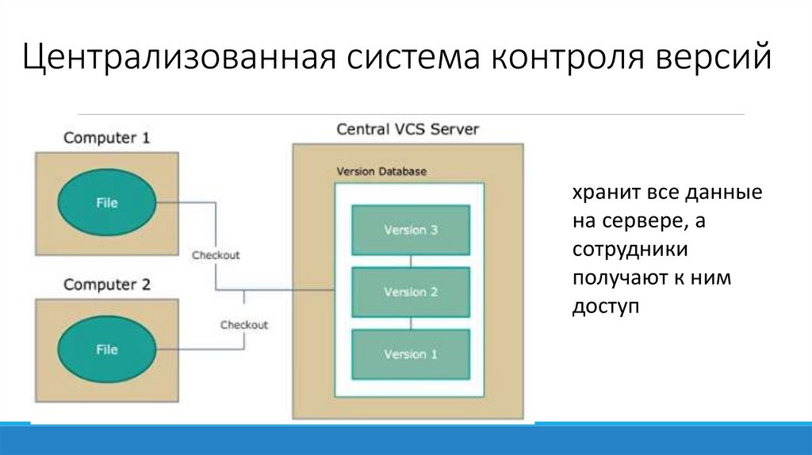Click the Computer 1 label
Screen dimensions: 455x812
pos(106,138)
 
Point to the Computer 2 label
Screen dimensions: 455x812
pos(106,285)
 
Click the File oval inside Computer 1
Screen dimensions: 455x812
pos(106,203)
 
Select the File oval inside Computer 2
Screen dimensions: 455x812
pos(106,350)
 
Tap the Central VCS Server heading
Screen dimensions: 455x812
pos(408,129)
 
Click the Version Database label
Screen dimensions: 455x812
pos(381,171)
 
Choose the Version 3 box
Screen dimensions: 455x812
pos(411,231)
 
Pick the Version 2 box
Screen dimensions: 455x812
pos(411,292)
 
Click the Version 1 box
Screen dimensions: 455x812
pos(411,354)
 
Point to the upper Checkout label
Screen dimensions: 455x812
pos(216,255)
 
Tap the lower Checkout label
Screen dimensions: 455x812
pos(244,325)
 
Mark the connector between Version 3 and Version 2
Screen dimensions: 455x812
pos(411,262)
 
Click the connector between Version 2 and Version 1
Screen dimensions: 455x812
pos(411,323)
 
